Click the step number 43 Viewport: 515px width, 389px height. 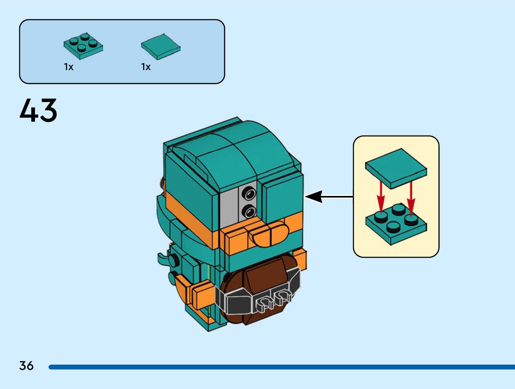point(38,110)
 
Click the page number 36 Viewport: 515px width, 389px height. point(26,366)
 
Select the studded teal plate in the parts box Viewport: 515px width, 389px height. point(83,46)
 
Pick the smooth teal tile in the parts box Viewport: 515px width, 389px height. point(161,46)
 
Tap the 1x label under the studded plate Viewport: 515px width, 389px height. point(68,67)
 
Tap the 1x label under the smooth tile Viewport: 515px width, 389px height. point(146,67)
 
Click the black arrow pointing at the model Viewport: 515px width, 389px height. point(328,197)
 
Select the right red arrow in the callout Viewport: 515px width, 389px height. point(411,199)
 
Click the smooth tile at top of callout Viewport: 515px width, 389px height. point(396,167)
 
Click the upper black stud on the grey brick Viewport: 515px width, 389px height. point(249,194)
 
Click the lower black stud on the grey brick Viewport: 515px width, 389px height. point(249,212)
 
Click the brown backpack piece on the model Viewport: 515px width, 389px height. point(262,278)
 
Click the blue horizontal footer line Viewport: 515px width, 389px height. point(281,367)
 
